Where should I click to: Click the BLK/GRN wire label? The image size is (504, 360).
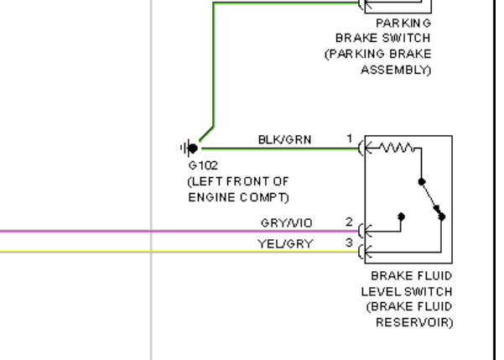pos(285,140)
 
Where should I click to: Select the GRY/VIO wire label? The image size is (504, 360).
pos(287,222)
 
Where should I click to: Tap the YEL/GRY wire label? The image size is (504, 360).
pos(285,244)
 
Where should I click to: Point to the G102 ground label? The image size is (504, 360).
pos(203,166)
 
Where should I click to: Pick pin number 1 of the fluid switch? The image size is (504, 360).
pos(350,138)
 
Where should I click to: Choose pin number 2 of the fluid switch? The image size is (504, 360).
pos(350,222)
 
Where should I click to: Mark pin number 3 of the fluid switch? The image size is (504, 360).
pos(350,243)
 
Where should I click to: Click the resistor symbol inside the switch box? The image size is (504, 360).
pos(395,149)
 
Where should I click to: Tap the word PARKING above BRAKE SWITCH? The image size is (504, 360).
pos(403,23)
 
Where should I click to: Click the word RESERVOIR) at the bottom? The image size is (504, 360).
pos(413,322)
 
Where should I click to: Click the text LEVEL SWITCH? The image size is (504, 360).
pos(407,291)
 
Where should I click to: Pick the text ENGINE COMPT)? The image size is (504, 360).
pos(238,197)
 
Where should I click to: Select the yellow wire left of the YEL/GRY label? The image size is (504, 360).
pos(126,251)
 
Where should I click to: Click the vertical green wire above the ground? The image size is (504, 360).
pos(214,67)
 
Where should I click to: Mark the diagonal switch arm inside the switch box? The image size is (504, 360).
pos(432,199)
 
